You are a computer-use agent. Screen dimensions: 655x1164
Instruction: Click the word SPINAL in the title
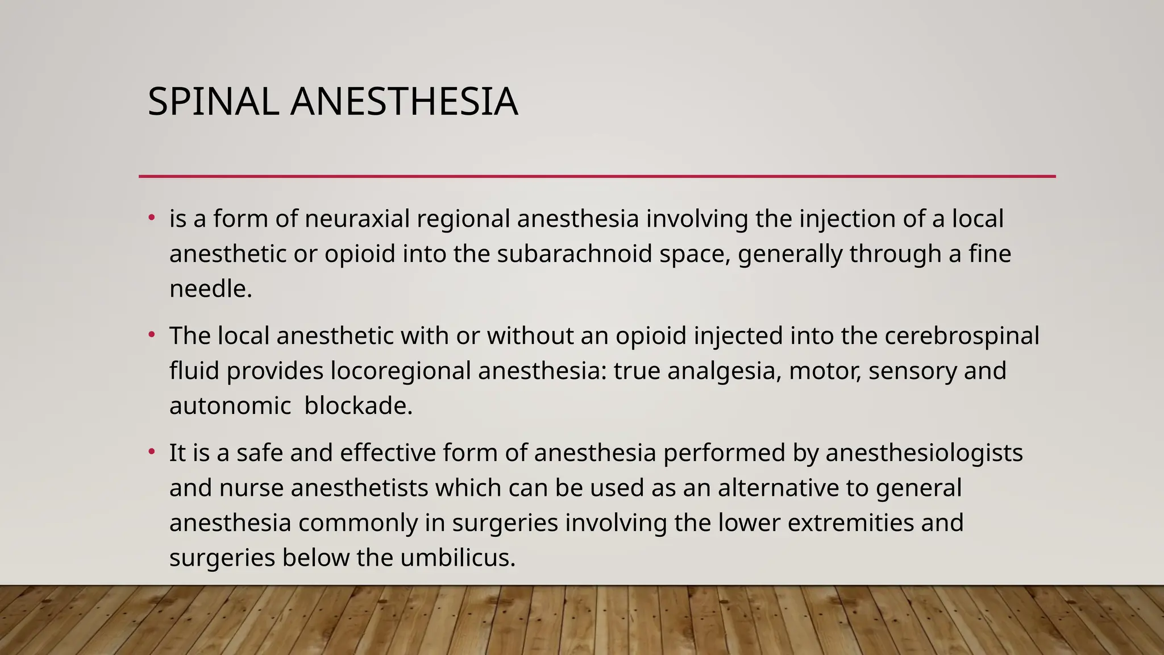213,102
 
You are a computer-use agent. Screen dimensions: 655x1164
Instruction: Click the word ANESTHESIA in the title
404,102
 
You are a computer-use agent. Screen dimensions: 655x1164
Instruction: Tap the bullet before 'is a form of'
151,218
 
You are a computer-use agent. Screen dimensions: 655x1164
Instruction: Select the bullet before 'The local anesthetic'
151,335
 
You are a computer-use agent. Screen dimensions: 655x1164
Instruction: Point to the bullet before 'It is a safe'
151,452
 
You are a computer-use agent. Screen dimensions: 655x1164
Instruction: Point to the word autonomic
230,406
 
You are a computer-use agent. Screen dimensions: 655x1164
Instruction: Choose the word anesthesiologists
924,453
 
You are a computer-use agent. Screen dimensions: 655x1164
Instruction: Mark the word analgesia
721,371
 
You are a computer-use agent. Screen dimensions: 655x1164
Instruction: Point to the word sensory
904,371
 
